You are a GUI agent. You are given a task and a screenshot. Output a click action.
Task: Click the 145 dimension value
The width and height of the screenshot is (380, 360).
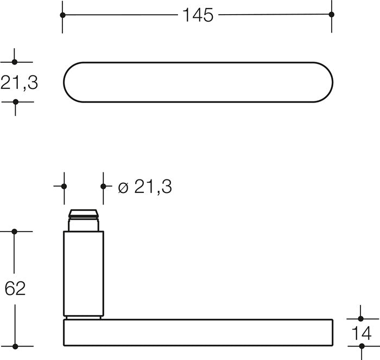198,15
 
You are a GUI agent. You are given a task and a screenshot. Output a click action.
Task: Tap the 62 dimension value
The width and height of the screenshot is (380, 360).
15,288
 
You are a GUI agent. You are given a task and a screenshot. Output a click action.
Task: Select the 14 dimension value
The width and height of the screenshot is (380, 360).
361,333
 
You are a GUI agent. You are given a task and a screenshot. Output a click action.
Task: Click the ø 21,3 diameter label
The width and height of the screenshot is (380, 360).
145,187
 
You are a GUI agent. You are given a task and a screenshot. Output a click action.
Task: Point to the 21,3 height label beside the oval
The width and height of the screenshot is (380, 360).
19,82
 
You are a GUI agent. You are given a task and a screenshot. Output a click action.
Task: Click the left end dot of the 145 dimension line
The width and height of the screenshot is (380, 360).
62,15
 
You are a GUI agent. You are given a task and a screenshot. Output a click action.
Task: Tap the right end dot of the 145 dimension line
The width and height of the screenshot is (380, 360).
332,15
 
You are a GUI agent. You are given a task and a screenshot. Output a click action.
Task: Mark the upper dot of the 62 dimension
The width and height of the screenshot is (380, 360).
14,232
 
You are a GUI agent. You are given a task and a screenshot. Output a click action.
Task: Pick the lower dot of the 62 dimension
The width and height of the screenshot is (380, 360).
15,346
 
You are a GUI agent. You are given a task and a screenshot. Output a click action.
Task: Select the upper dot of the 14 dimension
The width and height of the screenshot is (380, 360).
360,319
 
